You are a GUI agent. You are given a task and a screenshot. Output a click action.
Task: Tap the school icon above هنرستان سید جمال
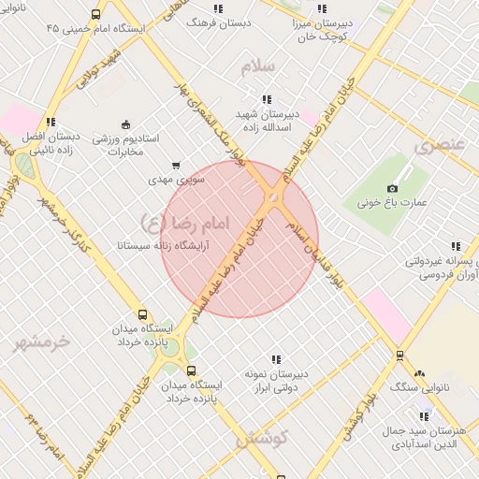click(425, 416)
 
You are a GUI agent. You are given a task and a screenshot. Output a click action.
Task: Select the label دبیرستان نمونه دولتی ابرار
click(276, 380)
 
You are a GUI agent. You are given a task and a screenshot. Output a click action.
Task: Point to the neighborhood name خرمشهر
click(41, 342)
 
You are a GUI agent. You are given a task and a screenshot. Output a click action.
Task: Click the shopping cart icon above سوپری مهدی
click(175, 165)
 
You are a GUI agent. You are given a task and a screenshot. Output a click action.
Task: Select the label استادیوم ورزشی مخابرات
click(132, 145)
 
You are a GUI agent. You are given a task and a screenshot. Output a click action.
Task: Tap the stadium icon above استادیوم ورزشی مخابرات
click(125, 124)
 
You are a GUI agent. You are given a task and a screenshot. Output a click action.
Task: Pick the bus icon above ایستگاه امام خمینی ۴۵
click(96, 15)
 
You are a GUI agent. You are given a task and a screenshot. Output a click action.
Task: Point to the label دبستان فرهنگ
click(219, 22)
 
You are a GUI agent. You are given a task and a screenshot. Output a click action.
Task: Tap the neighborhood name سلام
click(259, 66)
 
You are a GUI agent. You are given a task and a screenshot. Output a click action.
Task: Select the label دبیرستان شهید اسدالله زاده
click(268, 119)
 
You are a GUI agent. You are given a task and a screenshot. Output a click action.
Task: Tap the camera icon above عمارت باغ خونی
click(393, 188)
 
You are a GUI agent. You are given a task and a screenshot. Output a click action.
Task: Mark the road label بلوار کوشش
click(360, 414)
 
